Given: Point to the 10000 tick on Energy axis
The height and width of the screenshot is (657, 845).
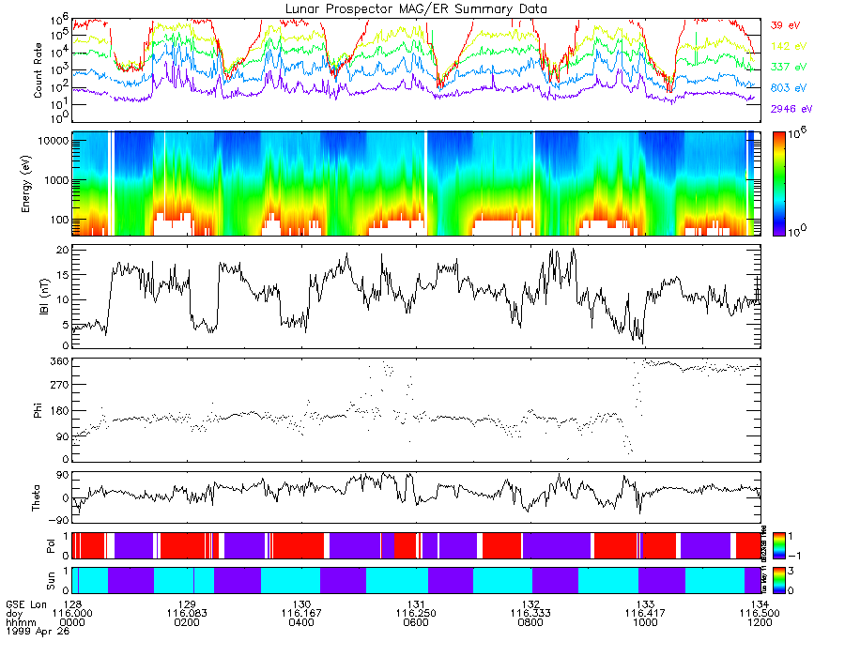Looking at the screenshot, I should (50, 140).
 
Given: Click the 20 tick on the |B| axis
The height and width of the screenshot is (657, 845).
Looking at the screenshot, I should (62, 251).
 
